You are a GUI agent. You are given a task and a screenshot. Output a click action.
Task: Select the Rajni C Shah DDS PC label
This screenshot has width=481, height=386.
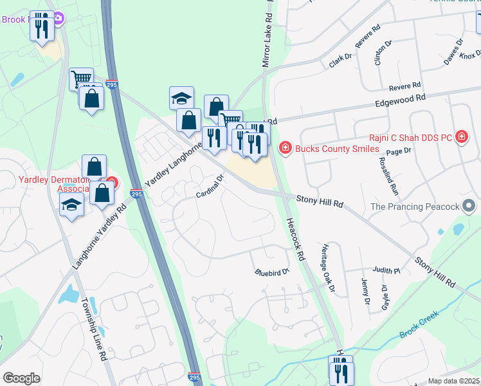(x=412, y=136)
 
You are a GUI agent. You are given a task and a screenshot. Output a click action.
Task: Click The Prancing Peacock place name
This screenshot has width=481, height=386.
(x=415, y=207)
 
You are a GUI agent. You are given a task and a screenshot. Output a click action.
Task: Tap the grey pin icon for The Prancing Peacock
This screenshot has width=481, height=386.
(x=469, y=206)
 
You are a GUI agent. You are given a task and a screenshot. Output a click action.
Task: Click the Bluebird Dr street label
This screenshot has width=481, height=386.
(x=273, y=272)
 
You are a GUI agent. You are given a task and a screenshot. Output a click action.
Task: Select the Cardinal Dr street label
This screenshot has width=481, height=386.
(x=210, y=187)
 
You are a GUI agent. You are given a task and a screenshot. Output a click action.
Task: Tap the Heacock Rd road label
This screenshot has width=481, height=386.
(x=295, y=237)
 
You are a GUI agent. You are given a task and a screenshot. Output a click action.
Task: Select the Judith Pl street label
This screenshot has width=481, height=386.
(x=387, y=270)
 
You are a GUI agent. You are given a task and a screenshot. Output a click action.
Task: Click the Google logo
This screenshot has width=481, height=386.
(x=21, y=378)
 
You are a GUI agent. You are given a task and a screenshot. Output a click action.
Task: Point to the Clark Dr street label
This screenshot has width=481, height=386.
(x=341, y=57)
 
